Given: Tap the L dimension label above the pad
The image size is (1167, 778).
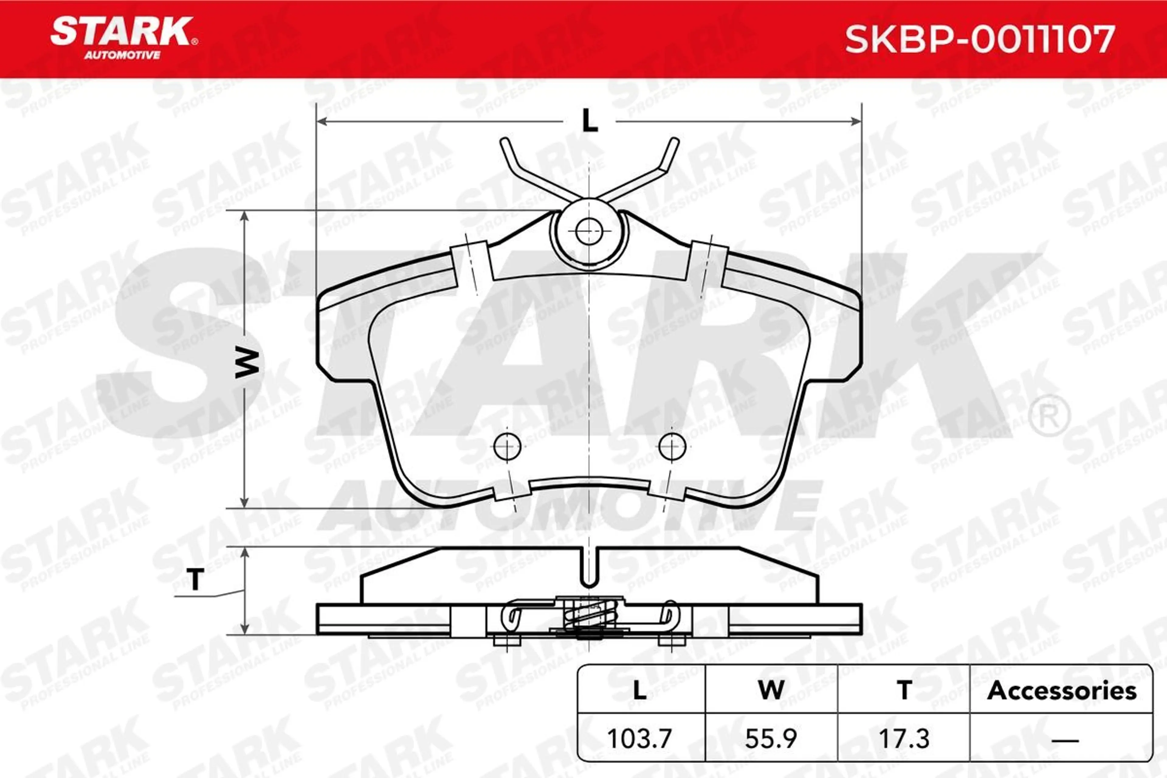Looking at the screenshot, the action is (590, 121).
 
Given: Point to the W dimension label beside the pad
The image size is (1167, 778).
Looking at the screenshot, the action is (246, 363).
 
